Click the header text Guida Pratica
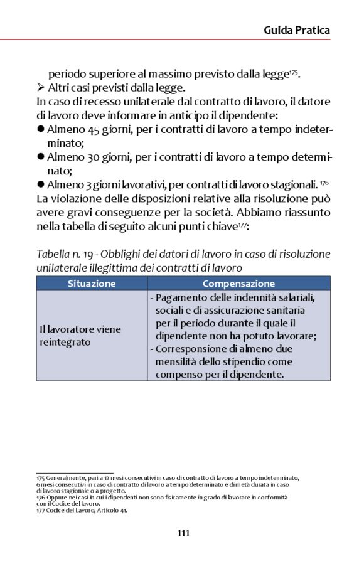pos(296,29)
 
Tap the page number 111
pos(183,533)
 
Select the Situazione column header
pos(92,284)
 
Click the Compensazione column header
pos(238,284)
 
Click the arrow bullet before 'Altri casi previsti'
pos(41,88)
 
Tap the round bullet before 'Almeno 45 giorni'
pos(41,129)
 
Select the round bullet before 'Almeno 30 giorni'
pos(41,157)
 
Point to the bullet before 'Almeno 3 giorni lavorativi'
pos(41,184)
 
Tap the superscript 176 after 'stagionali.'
pos(324,182)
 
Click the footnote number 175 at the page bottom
pos(40,478)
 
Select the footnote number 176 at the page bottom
pos(40,497)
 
